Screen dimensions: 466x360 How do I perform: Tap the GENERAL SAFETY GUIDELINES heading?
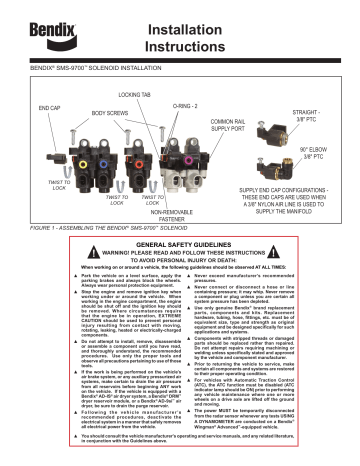180,244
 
